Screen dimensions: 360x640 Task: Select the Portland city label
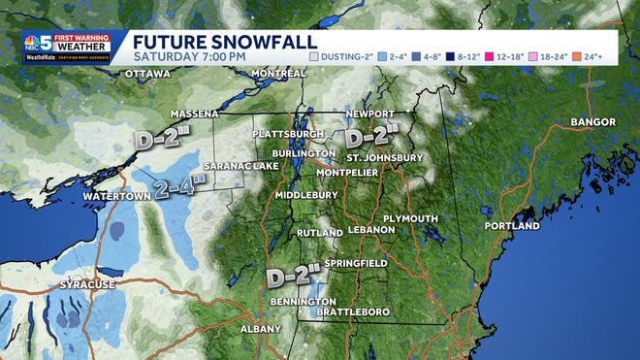(x=512, y=226)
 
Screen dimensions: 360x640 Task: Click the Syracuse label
(x=86, y=284)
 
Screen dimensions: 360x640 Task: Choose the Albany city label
(x=261, y=329)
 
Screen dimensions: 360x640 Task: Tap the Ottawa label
(x=147, y=74)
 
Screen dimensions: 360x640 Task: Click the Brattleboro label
(x=355, y=311)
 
